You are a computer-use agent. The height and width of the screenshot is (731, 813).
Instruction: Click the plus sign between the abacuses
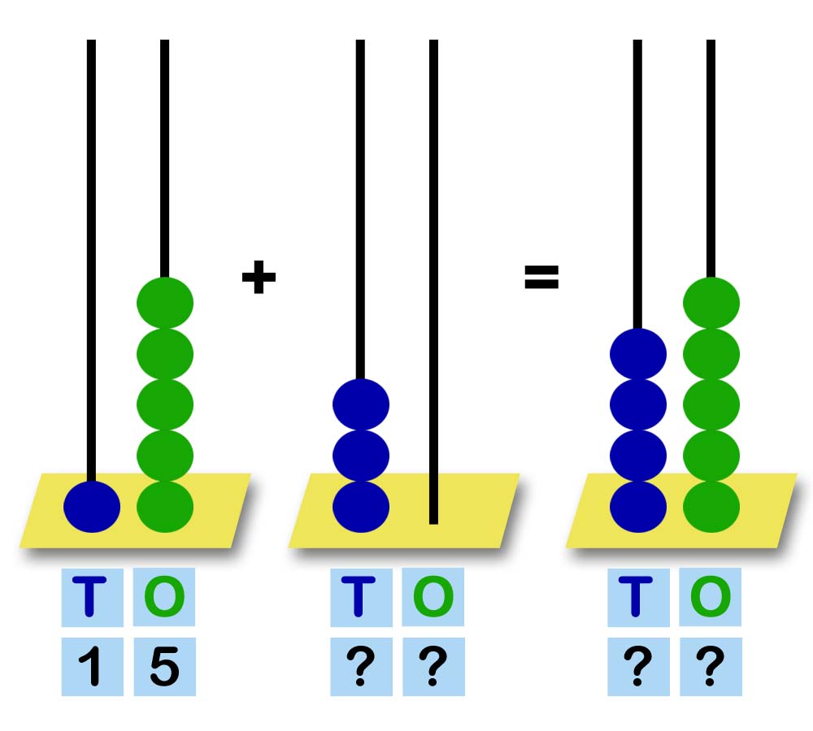pyautogui.click(x=259, y=277)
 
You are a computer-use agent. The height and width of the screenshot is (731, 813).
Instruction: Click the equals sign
pyautogui.click(x=541, y=277)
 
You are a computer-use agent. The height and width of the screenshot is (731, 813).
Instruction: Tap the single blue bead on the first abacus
pyautogui.click(x=92, y=507)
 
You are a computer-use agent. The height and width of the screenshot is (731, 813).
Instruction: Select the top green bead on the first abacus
pyautogui.click(x=165, y=303)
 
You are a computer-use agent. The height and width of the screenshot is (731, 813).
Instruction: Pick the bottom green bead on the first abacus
pyautogui.click(x=165, y=507)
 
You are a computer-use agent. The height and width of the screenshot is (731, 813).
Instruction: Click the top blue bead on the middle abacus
pyautogui.click(x=361, y=404)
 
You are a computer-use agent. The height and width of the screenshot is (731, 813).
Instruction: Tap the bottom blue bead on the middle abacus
pyautogui.click(x=361, y=507)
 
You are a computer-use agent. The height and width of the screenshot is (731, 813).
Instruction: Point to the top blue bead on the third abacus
pyautogui.click(x=638, y=354)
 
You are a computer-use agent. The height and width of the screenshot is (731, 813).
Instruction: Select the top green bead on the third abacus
pyautogui.click(x=711, y=303)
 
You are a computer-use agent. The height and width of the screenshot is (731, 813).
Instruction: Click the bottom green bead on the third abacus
pyautogui.click(x=711, y=507)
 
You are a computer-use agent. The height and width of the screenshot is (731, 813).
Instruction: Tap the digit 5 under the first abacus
pyautogui.click(x=165, y=666)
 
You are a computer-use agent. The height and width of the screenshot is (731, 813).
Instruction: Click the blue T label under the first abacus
pyautogui.click(x=89, y=597)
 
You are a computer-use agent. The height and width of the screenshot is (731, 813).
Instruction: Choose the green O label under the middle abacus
pyautogui.click(x=433, y=596)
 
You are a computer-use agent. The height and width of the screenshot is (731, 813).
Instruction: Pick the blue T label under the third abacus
pyautogui.click(x=636, y=597)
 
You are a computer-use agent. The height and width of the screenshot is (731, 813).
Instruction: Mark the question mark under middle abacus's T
pyautogui.click(x=361, y=666)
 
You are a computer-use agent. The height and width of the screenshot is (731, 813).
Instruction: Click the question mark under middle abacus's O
pyautogui.click(x=433, y=666)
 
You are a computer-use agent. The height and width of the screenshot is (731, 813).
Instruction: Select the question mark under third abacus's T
pyautogui.click(x=637, y=666)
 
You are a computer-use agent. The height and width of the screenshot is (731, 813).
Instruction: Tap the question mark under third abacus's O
pyautogui.click(x=711, y=666)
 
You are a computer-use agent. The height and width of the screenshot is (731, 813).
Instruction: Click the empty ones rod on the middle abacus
pyautogui.click(x=434, y=282)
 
